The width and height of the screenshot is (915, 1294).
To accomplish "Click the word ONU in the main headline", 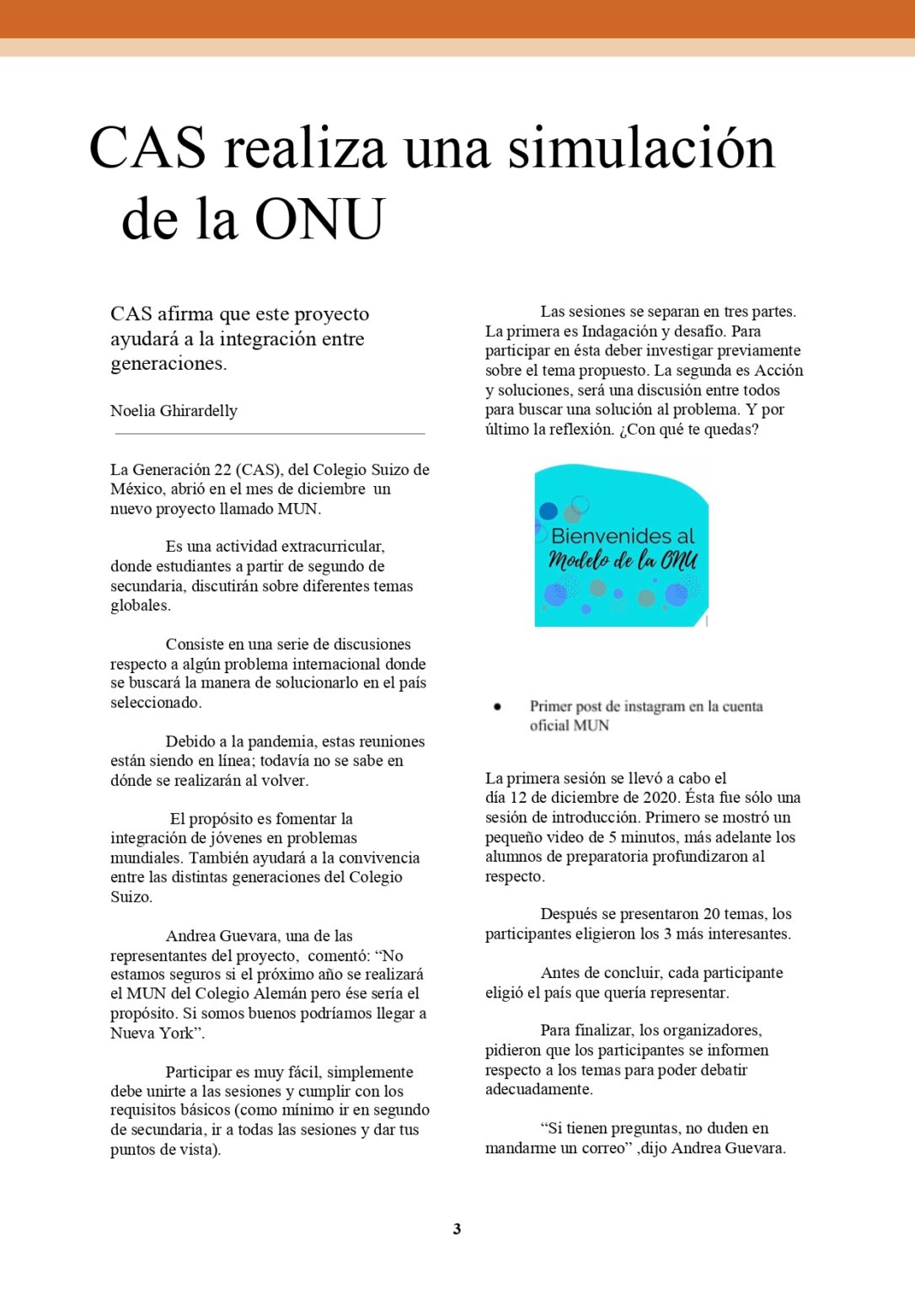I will coord(320,220).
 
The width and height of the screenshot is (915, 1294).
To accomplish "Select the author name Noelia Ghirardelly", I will coord(174,411).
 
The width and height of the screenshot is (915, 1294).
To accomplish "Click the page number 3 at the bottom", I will coord(457,1229).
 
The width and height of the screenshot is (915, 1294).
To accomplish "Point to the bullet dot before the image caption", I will coord(497,707).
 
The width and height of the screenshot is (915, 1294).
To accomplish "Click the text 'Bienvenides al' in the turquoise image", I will coord(623,536).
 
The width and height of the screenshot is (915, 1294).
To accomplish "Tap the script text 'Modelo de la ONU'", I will coord(623,560).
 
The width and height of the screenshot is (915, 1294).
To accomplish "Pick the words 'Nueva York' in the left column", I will coord(152,1034).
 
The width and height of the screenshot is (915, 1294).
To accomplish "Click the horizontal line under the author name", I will coord(270,434).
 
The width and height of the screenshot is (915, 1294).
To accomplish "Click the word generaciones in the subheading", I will coord(167,364).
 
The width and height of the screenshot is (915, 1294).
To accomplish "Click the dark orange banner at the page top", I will coord(457,19).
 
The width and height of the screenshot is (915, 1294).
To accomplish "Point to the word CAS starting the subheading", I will coord(131,314).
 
